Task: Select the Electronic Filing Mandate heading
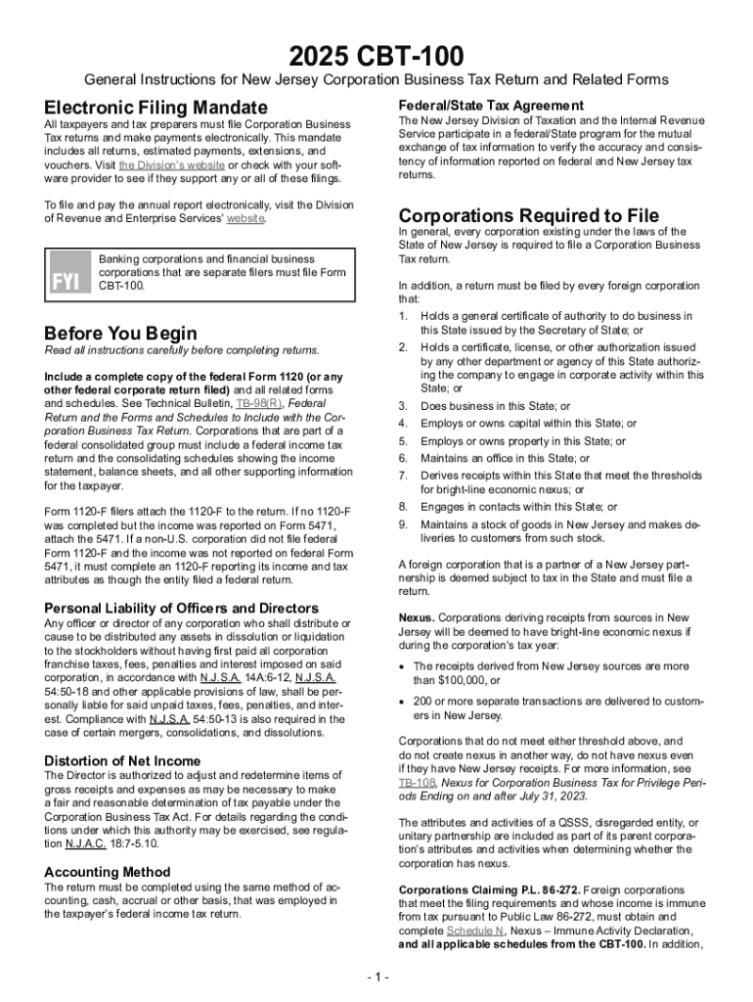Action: pos(155,107)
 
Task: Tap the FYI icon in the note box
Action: pos(66,282)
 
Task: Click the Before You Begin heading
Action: pos(121,333)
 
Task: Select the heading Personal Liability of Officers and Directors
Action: pos(181,608)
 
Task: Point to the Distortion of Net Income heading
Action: pos(122,760)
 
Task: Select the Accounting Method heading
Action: pos(108,872)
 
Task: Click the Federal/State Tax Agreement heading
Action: pos(491,105)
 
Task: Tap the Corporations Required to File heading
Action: pos(528,215)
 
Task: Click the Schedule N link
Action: pos(479,932)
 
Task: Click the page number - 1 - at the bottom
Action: pos(376,978)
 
